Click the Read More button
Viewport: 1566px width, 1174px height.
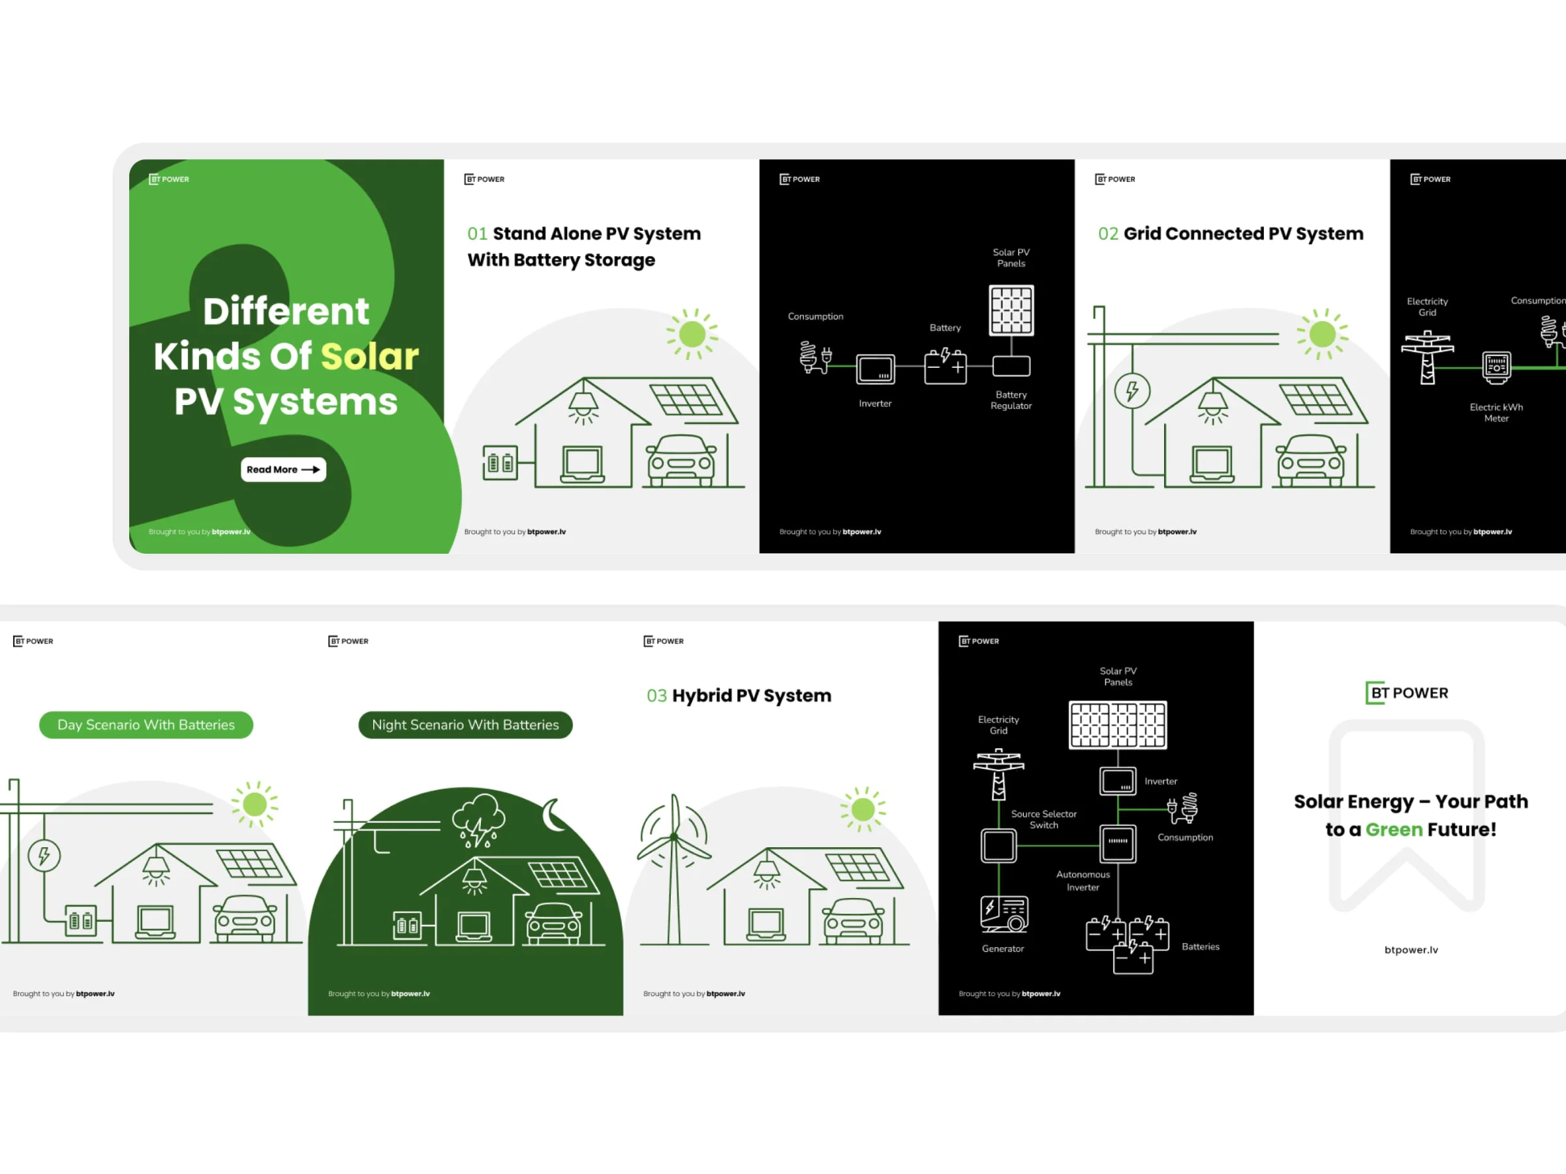(283, 470)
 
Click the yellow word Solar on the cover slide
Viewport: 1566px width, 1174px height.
(369, 357)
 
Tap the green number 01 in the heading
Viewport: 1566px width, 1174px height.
(477, 234)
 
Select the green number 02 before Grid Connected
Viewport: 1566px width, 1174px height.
(1108, 234)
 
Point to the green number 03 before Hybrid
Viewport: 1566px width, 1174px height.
(656, 697)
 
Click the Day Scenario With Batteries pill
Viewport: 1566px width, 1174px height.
(146, 725)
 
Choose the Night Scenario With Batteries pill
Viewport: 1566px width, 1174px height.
(465, 725)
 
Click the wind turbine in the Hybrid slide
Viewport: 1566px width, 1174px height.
(674, 864)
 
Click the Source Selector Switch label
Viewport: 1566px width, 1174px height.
(1043, 819)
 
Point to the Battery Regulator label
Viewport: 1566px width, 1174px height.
(1011, 400)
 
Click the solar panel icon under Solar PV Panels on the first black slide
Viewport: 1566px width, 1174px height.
(1011, 310)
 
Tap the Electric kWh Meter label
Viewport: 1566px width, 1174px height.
(1496, 413)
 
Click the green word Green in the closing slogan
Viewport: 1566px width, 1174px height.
(1393, 830)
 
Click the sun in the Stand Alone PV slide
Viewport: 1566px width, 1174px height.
(692, 334)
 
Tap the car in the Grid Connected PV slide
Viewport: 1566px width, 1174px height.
(1311, 460)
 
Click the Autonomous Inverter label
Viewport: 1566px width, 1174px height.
(1082, 881)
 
